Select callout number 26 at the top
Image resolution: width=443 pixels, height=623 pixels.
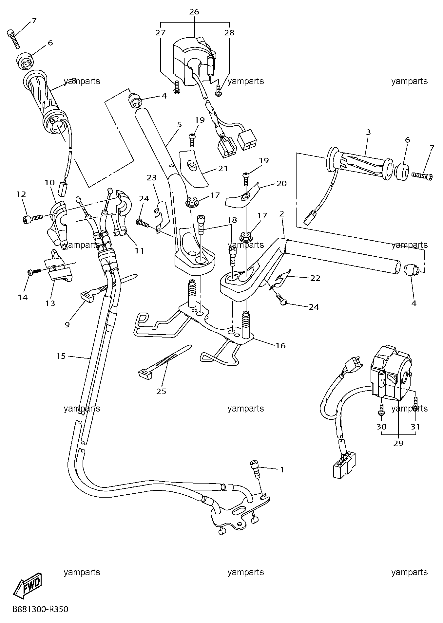coord(194,12)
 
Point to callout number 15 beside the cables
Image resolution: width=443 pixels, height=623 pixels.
coord(61,356)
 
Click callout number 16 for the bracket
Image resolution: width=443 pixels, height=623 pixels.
coord(280,345)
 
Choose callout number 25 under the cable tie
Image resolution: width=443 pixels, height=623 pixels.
coord(162,391)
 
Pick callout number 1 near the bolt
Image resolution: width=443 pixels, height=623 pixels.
coord(282,469)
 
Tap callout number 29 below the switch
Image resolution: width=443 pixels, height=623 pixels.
coord(399,443)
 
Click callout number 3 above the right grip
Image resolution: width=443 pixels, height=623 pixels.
coord(369,132)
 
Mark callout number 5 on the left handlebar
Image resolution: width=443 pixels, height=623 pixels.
coord(179,124)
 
